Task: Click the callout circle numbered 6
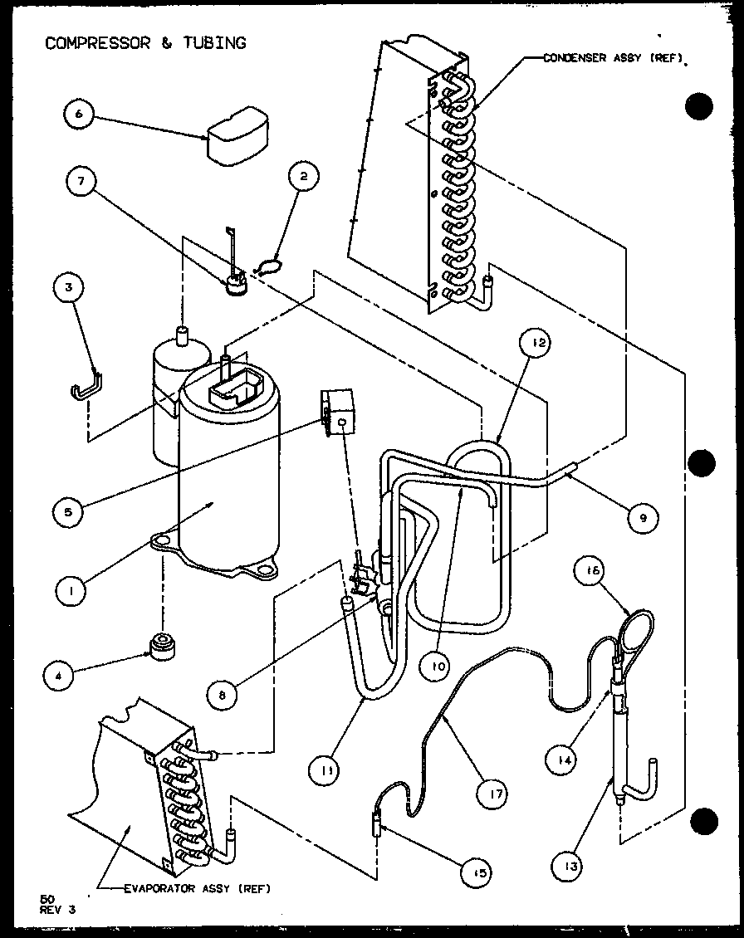pyautogui.click(x=78, y=115)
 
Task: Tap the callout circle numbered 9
pyautogui.click(x=642, y=518)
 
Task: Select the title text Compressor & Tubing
pyautogui.click(x=145, y=43)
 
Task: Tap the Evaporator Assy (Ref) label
pyautogui.click(x=196, y=887)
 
